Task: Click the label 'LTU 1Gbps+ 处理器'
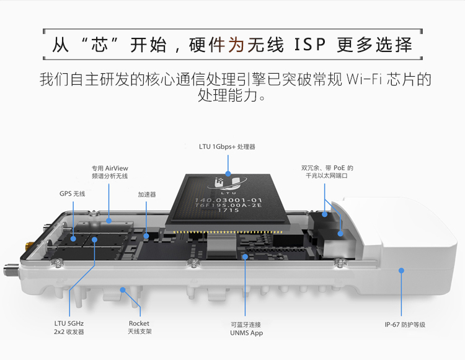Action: click(227, 147)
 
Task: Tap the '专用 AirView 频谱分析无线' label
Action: click(109, 172)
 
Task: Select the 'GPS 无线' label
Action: click(72, 194)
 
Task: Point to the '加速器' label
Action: click(146, 194)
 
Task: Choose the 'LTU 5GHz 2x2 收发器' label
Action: click(68, 327)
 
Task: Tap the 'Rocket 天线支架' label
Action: click(139, 327)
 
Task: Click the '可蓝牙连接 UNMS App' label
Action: click(247, 328)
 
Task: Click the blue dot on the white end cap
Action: click(401, 270)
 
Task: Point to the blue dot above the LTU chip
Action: click(228, 174)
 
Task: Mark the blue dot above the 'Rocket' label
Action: click(123, 289)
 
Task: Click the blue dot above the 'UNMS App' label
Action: click(246, 255)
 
